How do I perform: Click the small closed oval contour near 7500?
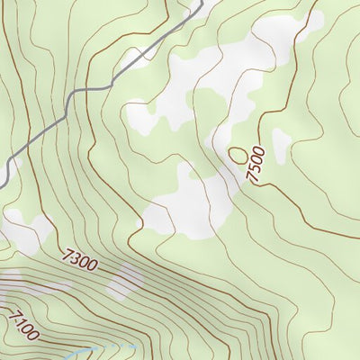(x=238, y=155)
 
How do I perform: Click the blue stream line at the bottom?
(x=108, y=347)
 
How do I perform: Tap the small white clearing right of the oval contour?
(x=281, y=141)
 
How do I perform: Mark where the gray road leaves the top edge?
(x=199, y=3)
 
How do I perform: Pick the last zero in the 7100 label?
(x=34, y=335)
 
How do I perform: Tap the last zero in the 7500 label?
(x=261, y=149)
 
